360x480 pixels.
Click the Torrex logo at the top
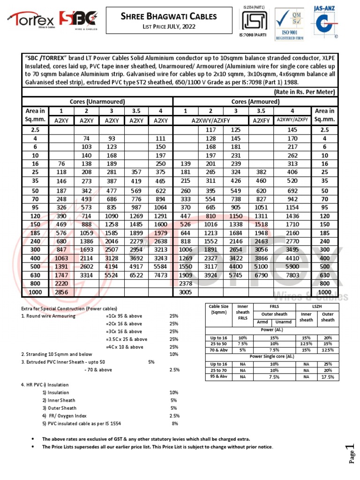pyautogui.click(x=30, y=20)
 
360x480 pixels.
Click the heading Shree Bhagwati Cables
pyautogui.click(x=169, y=16)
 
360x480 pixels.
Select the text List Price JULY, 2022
pyautogui.click(x=169, y=26)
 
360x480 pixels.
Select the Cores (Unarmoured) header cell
pyautogui.click(x=97, y=102)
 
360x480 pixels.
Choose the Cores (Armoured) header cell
pyautogui.click(x=255, y=102)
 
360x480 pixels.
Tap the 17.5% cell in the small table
pyautogui.click(x=328, y=376)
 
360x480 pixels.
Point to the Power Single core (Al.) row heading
pyautogui.click(x=272, y=356)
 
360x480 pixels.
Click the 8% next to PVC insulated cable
pyautogui.click(x=175, y=423)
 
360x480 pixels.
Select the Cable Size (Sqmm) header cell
pyautogui.click(x=218, y=309)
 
